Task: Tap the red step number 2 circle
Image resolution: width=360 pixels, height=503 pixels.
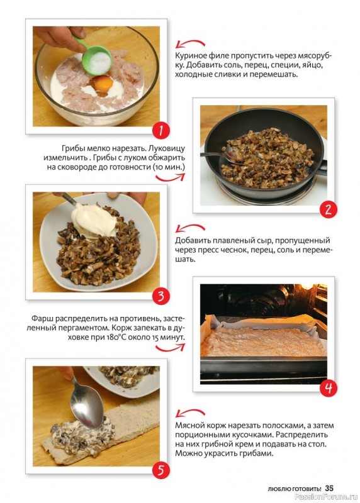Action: (328, 209)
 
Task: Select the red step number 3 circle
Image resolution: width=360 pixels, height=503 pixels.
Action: (161, 296)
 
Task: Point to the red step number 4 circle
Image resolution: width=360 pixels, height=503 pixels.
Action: (328, 388)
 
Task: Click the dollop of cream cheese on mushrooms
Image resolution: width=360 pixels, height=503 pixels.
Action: (94, 219)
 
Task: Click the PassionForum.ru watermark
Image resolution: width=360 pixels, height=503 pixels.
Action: (333, 497)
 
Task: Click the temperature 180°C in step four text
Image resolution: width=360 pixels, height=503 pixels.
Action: (121, 338)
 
